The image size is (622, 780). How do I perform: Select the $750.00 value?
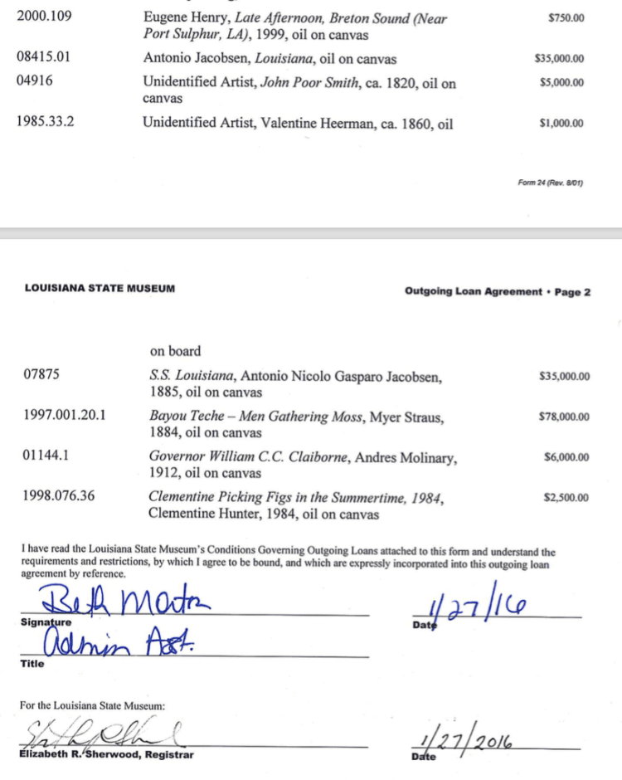(x=566, y=17)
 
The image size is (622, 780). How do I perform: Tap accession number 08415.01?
(x=44, y=58)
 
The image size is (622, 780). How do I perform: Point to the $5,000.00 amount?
(x=561, y=82)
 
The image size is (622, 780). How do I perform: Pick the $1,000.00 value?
(x=561, y=124)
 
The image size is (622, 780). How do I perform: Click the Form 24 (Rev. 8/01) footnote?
(x=550, y=183)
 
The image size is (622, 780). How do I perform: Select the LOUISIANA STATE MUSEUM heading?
(x=100, y=289)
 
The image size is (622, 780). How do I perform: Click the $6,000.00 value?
(x=566, y=457)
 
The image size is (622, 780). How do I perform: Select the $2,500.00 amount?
(x=566, y=498)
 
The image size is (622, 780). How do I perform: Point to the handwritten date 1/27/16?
(x=479, y=610)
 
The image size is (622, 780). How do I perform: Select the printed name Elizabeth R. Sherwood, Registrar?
(x=106, y=754)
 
